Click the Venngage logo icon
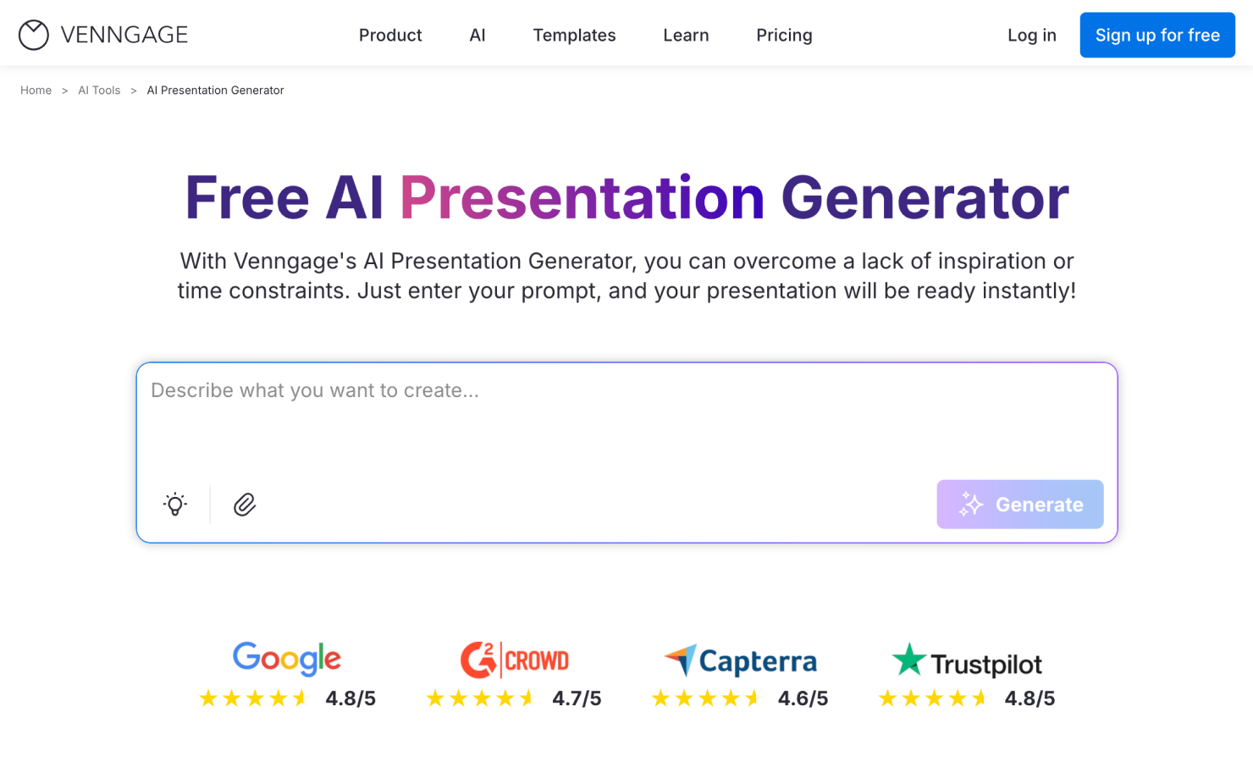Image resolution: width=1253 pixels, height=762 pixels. point(34,35)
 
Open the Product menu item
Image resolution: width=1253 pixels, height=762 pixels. point(390,35)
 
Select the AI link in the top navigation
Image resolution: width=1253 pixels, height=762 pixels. point(477,35)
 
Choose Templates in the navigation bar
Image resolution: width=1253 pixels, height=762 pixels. point(574,35)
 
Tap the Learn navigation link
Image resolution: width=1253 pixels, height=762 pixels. point(686,35)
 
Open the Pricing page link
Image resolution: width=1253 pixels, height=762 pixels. point(784,35)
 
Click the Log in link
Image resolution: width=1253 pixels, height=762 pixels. point(1031,35)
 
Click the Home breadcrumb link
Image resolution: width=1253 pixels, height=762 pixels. point(36,91)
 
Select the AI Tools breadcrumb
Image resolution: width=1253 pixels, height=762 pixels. point(99,91)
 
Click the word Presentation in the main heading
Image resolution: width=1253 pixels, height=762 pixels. point(582,198)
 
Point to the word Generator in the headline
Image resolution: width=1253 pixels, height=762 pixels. point(925,198)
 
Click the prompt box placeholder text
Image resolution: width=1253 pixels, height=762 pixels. point(315,390)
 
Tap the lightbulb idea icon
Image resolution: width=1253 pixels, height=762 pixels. point(175,505)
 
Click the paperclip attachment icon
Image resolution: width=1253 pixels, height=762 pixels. point(245,505)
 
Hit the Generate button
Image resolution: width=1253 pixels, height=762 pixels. point(1019,505)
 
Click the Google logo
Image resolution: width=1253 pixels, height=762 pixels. point(286,659)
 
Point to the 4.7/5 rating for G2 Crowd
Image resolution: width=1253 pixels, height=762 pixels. point(577,698)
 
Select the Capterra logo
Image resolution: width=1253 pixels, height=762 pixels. point(741,661)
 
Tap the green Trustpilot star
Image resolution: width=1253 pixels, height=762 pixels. point(909,660)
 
